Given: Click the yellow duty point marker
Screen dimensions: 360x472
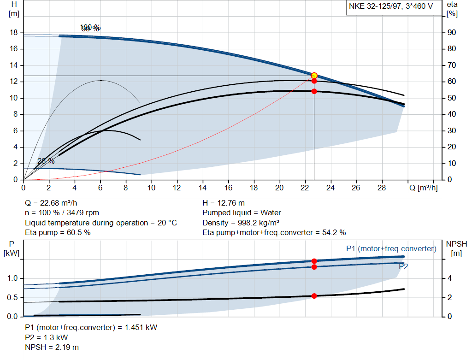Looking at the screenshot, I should point(314,76).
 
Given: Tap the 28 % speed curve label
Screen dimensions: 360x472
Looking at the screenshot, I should point(46,161).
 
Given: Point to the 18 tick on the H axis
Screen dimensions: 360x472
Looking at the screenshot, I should point(14,33).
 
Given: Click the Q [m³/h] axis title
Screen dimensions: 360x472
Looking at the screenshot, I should point(424,188).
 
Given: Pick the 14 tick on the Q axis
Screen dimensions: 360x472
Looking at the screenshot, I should point(202,188).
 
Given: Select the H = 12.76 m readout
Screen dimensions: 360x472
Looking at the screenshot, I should point(224,203).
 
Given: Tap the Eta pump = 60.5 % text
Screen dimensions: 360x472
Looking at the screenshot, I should point(58,233).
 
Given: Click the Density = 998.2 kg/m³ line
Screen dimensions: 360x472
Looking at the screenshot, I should point(242,223).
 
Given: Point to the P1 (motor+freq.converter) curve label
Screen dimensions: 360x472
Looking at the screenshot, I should point(391,248).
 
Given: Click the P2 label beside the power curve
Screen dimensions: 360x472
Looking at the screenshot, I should point(403,266).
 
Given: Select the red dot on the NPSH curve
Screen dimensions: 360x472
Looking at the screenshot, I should point(314,296).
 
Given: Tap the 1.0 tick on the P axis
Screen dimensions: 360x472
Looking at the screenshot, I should point(12,278).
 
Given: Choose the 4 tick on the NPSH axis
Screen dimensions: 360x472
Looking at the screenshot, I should point(449,278).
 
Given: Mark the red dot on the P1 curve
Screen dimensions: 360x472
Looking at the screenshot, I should point(314,261).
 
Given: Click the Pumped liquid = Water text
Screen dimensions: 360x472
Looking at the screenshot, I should point(242,213).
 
